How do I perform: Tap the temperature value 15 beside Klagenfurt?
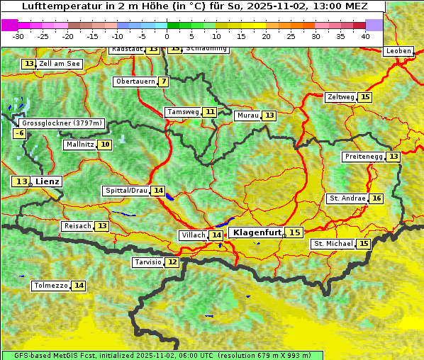[x=294, y=232]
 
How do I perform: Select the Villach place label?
[x=193, y=235]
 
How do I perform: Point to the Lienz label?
[x=48, y=181]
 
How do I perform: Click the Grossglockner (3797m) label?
[x=62, y=123]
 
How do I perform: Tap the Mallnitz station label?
[x=79, y=145]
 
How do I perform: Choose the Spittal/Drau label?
[x=126, y=191]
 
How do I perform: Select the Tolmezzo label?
[x=50, y=286]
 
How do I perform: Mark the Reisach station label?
[x=77, y=226]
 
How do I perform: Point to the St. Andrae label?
[x=347, y=198]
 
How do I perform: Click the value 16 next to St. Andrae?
[x=376, y=198]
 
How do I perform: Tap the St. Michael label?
[x=333, y=244]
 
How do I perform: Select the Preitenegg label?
[x=363, y=156]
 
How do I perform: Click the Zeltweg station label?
[x=340, y=97]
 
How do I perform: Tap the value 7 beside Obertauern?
[x=164, y=81]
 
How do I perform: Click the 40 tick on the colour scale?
[x=365, y=35]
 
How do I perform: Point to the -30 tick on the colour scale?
[x=18, y=35]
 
